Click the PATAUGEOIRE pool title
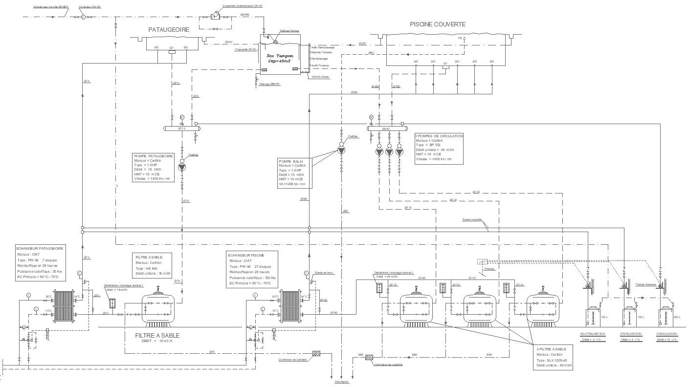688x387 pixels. click(169, 29)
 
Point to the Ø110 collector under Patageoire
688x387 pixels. click(181, 129)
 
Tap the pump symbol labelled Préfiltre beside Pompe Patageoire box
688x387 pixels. click(182, 167)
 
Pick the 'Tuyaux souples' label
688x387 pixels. click(472, 219)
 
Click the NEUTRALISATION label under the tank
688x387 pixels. click(592, 334)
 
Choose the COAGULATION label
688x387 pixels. click(666, 334)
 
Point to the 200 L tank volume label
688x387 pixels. click(676, 317)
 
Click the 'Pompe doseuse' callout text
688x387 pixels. click(645, 284)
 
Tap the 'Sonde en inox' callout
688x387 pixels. click(323, 272)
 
